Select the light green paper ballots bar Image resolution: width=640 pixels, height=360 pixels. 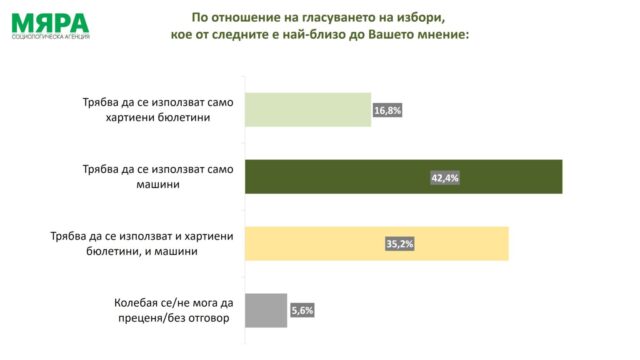[307, 110]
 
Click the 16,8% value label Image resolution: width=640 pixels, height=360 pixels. [386, 110]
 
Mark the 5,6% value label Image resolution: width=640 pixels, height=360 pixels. [302, 310]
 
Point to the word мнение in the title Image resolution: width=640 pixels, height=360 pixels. [436, 35]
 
